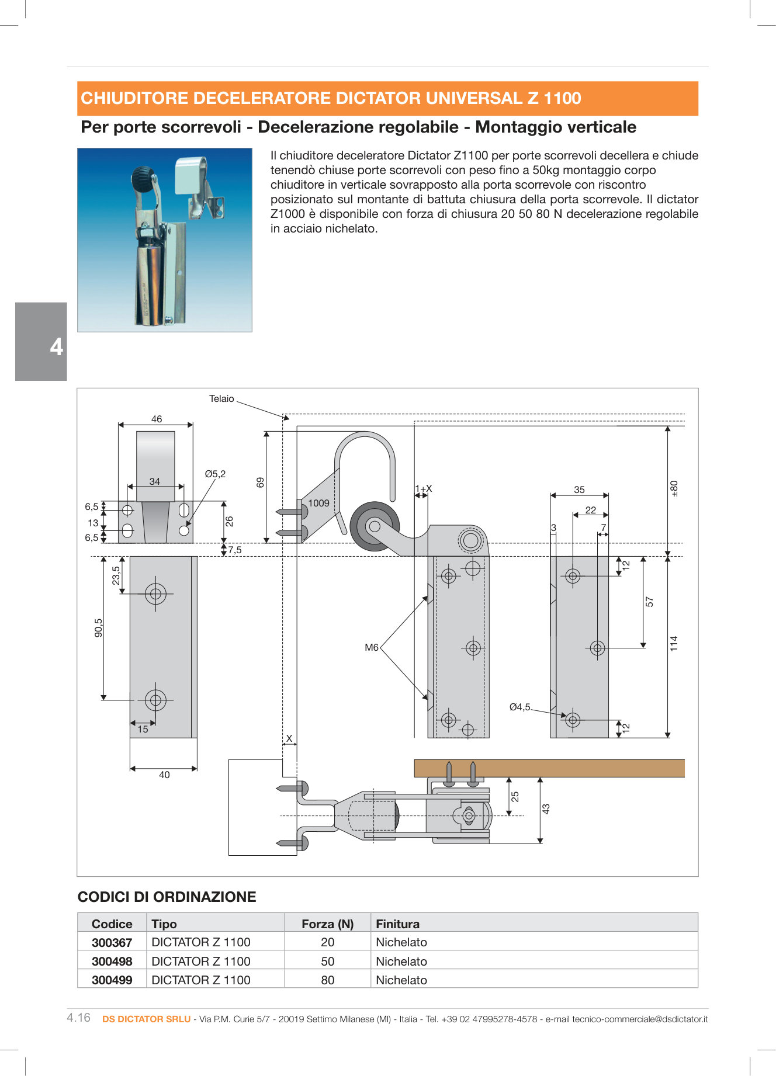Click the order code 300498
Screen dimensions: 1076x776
coord(112,961)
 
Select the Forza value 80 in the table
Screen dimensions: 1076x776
coord(327,980)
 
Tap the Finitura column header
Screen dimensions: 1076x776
coord(397,924)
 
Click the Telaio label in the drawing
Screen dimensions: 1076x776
coord(221,398)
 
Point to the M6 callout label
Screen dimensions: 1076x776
coord(371,647)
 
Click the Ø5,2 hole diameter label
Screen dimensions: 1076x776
coord(215,474)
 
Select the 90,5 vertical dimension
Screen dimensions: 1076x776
coord(98,628)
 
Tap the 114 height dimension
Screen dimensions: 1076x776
coord(674,644)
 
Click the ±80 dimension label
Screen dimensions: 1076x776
coord(674,488)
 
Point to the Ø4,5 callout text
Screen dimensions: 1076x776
coord(519,707)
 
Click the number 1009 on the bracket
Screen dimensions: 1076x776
coord(318,503)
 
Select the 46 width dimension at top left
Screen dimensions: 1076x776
coord(157,419)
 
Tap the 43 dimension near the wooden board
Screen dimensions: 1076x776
coord(546,809)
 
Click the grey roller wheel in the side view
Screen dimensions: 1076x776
coord(374,526)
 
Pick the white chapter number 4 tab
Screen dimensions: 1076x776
coord(56,347)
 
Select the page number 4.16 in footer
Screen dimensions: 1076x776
coord(79,1018)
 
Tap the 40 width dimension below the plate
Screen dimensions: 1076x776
coord(164,775)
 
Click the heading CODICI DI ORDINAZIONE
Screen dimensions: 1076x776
coord(167,897)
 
